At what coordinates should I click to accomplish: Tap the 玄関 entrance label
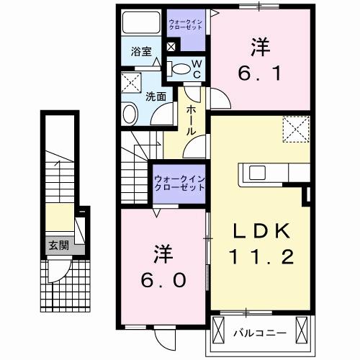pos(58,246)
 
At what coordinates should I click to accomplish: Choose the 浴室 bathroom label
pos(140,53)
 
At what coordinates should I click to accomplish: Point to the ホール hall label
pos(193,120)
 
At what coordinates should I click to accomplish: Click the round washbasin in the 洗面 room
pos(131,113)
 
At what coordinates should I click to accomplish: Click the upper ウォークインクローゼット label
pos(186,26)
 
